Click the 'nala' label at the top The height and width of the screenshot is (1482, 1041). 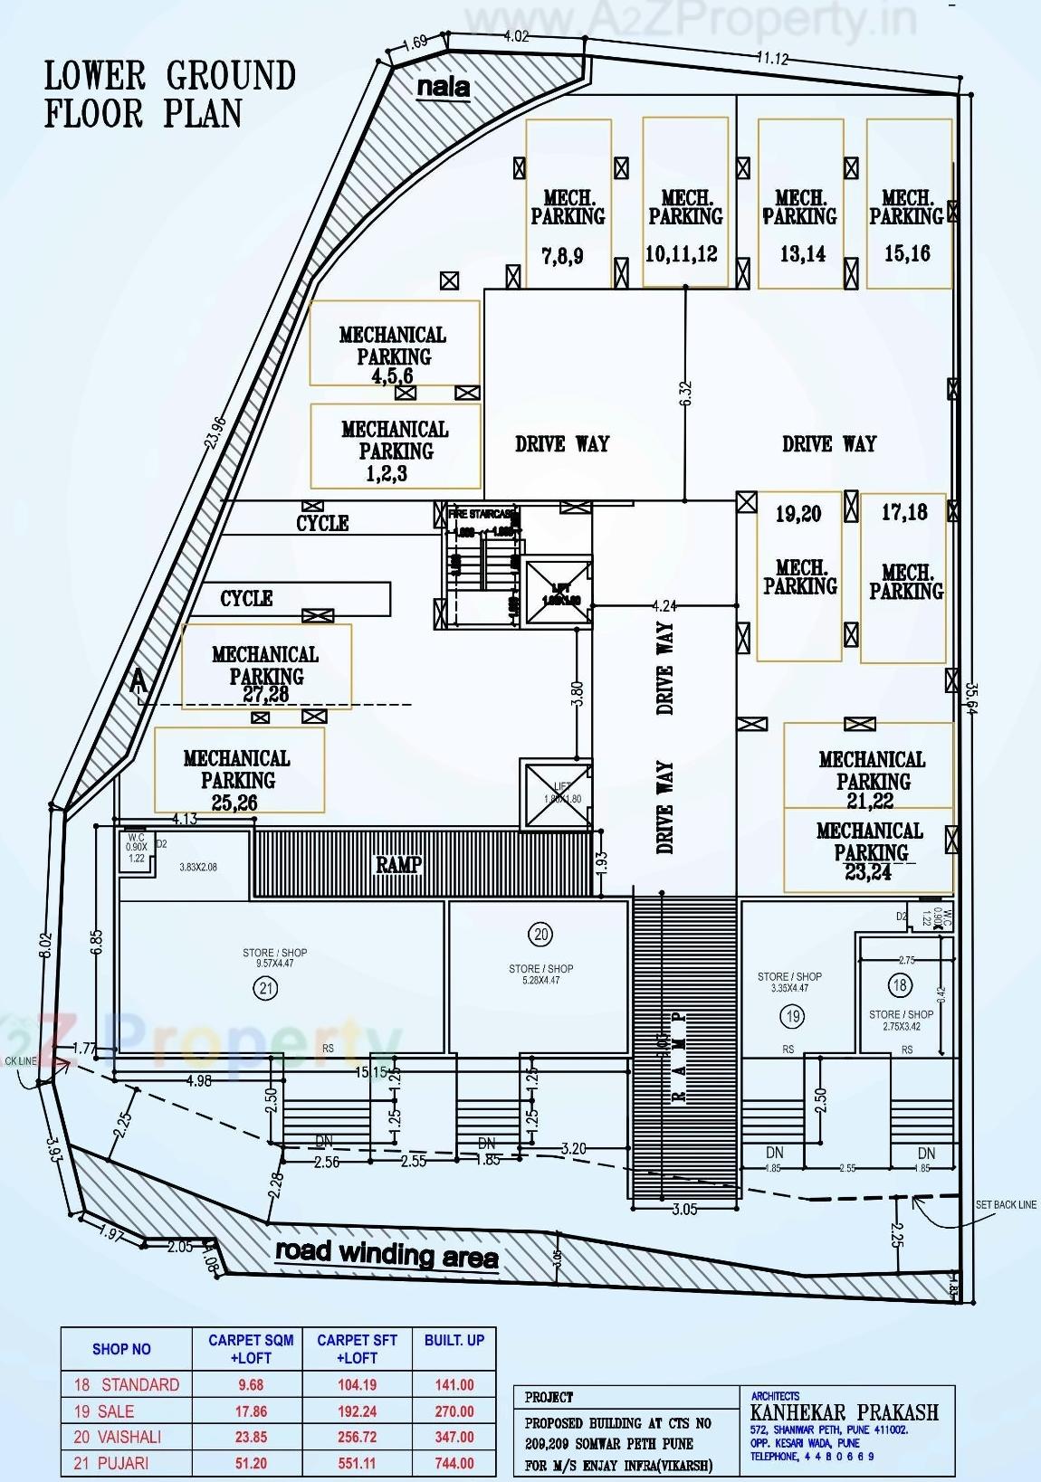pyautogui.click(x=443, y=87)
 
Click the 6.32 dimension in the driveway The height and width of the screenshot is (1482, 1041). pyautogui.click(x=685, y=393)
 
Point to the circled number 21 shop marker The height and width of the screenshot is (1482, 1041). pyautogui.click(x=266, y=989)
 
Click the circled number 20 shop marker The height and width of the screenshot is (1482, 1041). pyautogui.click(x=541, y=935)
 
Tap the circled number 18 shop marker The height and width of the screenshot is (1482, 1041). pyautogui.click(x=900, y=985)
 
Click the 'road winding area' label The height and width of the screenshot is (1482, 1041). pyautogui.click(x=387, y=1254)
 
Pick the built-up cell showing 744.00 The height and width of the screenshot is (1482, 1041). pyautogui.click(x=454, y=1463)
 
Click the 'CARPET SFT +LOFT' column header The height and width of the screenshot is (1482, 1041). pyautogui.click(x=357, y=1349)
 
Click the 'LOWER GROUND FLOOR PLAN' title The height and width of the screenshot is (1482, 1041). pyautogui.click(x=169, y=94)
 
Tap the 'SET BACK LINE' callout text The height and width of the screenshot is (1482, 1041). pyautogui.click(x=1005, y=1205)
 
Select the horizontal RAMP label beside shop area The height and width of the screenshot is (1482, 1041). pyautogui.click(x=398, y=864)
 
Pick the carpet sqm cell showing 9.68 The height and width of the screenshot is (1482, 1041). pyautogui.click(x=251, y=1384)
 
